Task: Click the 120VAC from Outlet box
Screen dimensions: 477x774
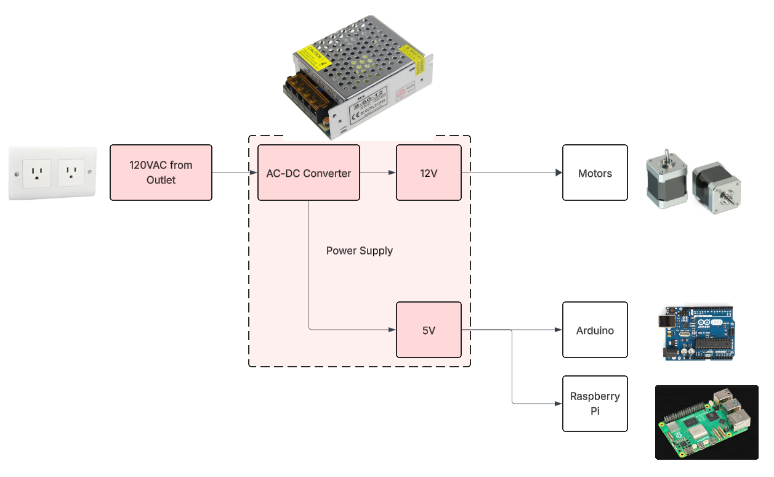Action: (161, 173)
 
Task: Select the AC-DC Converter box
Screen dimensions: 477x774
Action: (308, 173)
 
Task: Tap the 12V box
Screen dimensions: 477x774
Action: (429, 173)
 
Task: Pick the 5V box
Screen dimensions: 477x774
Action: (429, 330)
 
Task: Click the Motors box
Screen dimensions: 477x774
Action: (595, 173)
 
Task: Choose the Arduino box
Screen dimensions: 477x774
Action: (595, 330)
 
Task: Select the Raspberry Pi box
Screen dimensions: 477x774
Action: (595, 403)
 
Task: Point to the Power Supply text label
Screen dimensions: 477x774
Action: (359, 251)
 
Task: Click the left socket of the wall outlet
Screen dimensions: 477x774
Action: (36, 173)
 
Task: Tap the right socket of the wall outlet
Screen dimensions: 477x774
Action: (71, 173)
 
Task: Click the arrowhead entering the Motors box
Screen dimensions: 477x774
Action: (558, 173)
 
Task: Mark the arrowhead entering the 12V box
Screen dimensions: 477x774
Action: (392, 173)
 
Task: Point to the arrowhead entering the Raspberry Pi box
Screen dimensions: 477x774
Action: (558, 404)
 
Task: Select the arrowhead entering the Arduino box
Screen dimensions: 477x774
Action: (558, 330)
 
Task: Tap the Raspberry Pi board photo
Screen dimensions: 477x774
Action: (706, 422)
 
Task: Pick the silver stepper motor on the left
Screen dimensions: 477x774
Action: (666, 182)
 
